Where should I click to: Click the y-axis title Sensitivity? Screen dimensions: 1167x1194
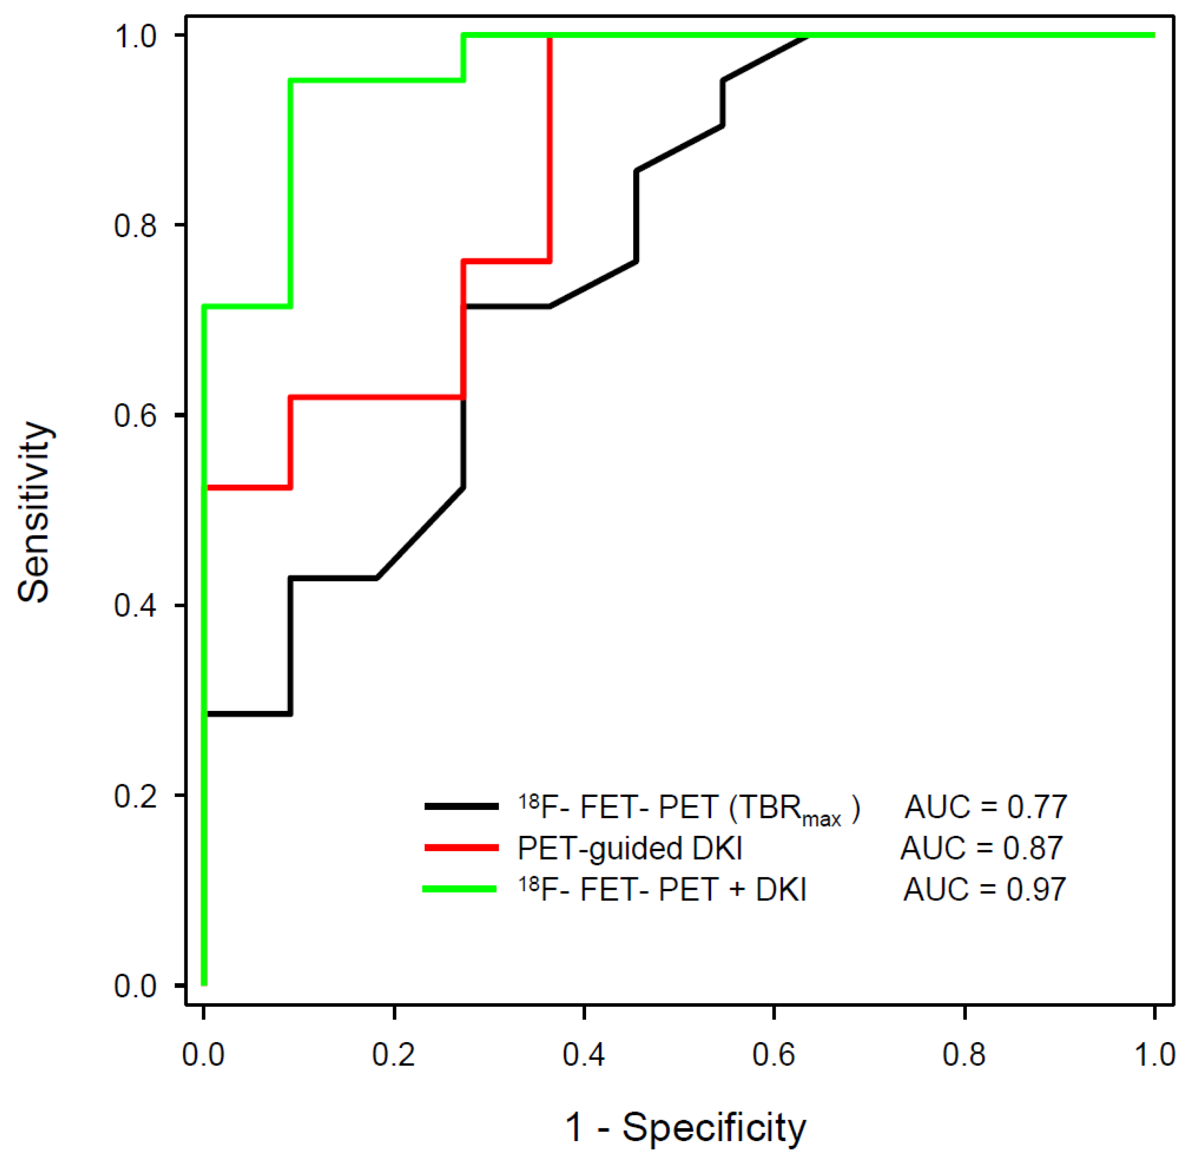click(34, 512)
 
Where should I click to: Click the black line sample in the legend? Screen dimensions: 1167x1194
click(461, 807)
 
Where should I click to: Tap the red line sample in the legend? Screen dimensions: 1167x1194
click(461, 848)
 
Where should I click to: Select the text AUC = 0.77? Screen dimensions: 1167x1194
click(985, 807)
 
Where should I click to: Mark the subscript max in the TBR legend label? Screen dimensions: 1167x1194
click(822, 819)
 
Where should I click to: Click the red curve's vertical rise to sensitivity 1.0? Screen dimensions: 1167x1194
click(550, 147)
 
